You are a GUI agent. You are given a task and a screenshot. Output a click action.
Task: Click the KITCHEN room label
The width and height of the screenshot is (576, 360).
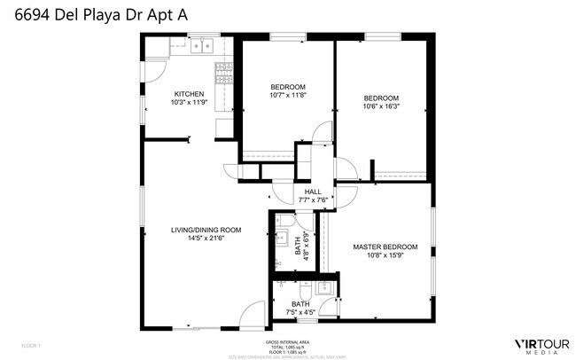tap(189, 94)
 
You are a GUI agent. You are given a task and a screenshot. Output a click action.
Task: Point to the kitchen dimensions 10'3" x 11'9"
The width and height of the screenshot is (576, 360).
tap(189, 102)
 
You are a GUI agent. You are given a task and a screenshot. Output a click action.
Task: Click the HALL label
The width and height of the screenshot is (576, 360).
tap(313, 192)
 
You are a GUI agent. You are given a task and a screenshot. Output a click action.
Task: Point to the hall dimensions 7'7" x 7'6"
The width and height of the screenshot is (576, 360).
tap(313, 200)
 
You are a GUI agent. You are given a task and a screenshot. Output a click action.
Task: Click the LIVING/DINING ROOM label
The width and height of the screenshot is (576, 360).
tap(206, 230)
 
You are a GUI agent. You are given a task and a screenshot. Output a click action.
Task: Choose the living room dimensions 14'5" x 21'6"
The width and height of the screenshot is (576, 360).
tap(206, 238)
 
